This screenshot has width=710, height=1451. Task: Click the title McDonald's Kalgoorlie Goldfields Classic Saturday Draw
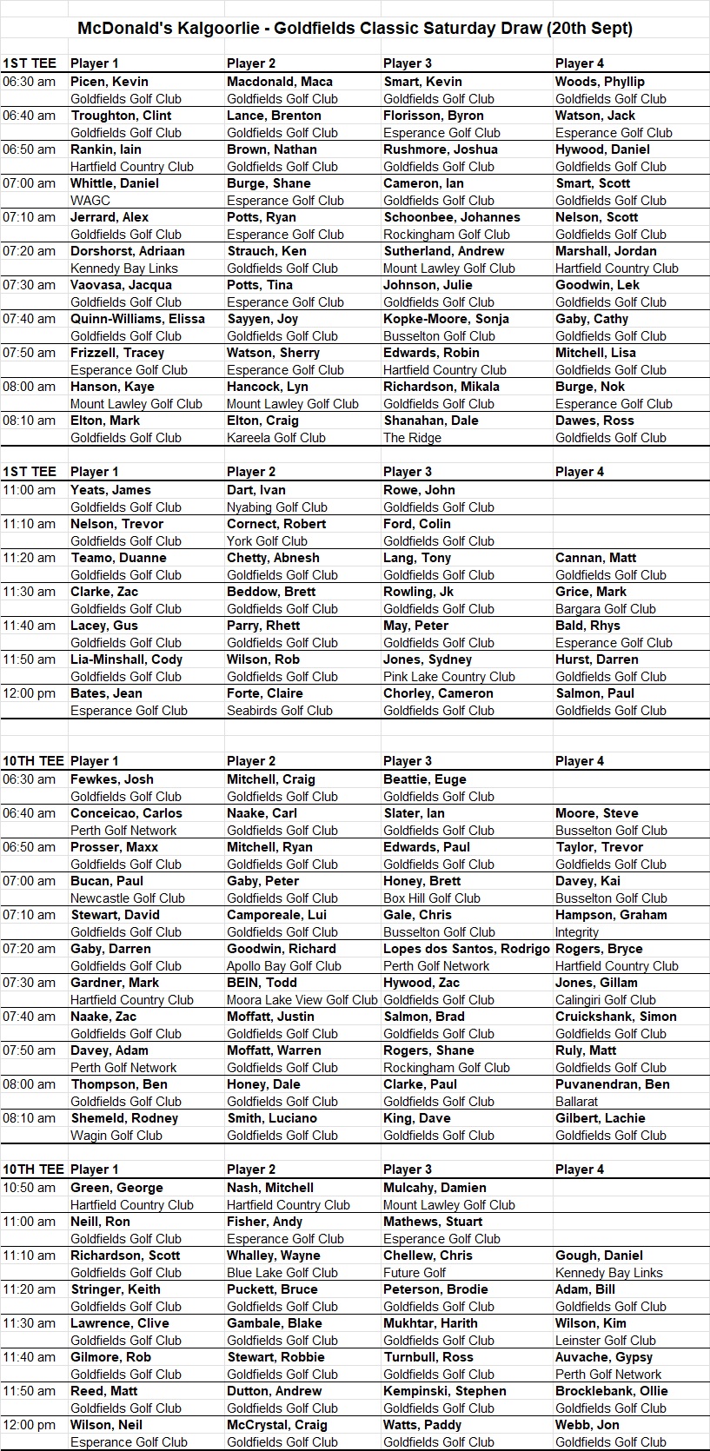point(355,28)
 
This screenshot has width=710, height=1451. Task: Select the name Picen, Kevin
point(109,82)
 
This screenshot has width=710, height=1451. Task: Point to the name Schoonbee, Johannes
point(452,217)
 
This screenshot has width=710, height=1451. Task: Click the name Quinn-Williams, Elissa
point(137,319)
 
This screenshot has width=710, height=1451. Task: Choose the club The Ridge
point(412,438)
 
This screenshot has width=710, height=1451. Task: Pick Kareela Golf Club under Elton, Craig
point(276,438)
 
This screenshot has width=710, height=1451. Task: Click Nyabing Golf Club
point(277,507)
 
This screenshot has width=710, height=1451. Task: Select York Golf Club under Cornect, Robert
point(267,541)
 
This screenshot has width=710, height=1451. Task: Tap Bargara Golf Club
point(606,609)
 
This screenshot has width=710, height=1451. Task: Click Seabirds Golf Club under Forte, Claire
point(280,711)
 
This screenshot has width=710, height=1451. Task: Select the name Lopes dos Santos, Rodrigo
point(467,949)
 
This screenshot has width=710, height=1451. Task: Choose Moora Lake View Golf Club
point(302,1000)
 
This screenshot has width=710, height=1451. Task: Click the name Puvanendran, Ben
point(613,1084)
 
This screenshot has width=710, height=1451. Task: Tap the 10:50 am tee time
point(29,1188)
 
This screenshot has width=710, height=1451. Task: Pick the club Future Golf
point(415,1273)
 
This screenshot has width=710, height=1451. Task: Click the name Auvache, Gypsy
point(604,1357)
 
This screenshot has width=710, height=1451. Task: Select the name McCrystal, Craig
point(277,1425)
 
